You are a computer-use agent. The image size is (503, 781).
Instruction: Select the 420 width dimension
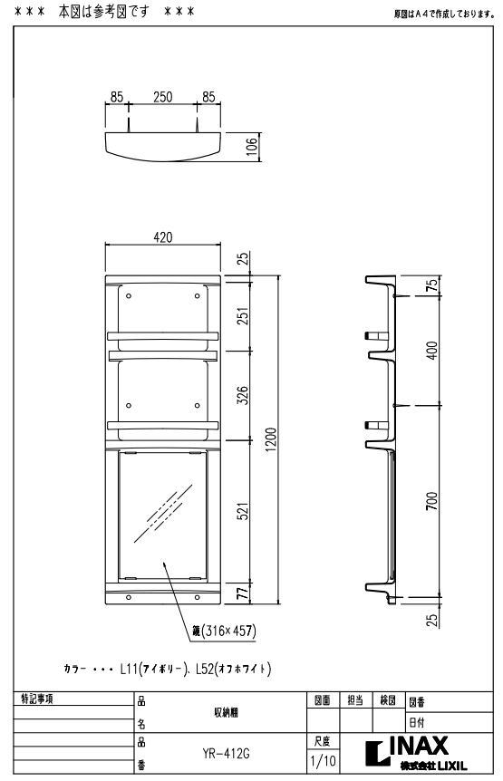pyautogui.click(x=163, y=237)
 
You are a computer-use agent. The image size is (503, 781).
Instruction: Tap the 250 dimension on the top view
pyautogui.click(x=163, y=97)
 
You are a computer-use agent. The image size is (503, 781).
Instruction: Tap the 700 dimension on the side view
pyautogui.click(x=432, y=500)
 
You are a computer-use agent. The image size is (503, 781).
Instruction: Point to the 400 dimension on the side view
pyautogui.click(x=432, y=349)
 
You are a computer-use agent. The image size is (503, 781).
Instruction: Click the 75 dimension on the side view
pyautogui.click(x=432, y=284)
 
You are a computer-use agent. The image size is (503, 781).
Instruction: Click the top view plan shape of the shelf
pyautogui.click(x=163, y=145)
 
